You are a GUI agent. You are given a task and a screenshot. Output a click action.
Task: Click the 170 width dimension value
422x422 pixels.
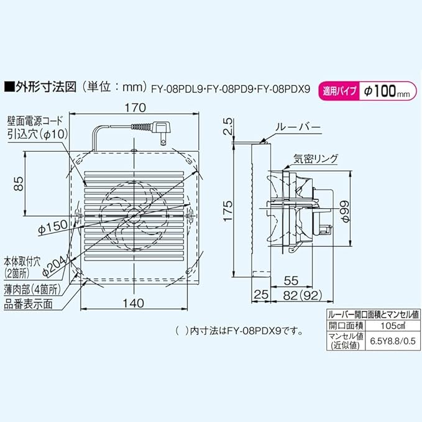click(x=135, y=108)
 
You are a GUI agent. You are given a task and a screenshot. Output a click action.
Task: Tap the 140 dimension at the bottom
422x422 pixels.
click(x=133, y=303)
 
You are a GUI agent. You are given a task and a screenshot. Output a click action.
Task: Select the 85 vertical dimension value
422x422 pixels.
click(x=19, y=183)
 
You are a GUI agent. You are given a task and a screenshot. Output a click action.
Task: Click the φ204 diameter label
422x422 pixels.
click(x=55, y=266)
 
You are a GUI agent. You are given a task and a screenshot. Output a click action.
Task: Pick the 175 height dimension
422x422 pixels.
click(x=227, y=211)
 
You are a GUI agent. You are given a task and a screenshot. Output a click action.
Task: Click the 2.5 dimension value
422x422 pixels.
click(x=227, y=127)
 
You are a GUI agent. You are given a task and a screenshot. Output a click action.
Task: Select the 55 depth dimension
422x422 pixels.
click(x=291, y=280)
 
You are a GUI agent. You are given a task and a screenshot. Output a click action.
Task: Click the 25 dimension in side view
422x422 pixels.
click(x=261, y=295)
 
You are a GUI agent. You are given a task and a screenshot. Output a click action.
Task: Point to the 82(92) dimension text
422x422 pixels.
click(x=303, y=296)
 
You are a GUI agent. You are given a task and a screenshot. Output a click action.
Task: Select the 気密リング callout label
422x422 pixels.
click(x=316, y=158)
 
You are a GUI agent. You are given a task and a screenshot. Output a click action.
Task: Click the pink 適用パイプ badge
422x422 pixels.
click(x=339, y=91)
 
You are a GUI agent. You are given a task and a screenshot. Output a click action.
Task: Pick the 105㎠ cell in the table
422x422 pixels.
click(x=393, y=326)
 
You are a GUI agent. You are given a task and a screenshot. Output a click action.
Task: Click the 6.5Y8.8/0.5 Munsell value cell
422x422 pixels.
click(x=393, y=341)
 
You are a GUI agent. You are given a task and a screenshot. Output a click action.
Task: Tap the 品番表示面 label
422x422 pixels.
click(x=28, y=305)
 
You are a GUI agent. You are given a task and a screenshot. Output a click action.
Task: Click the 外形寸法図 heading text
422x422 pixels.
click(x=46, y=87)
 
